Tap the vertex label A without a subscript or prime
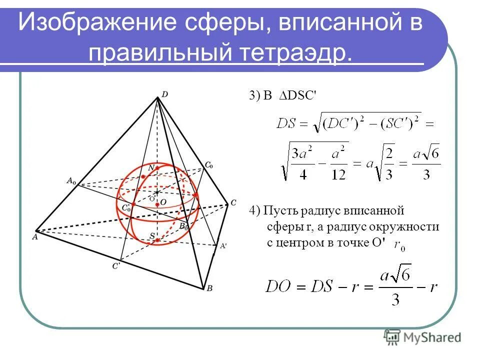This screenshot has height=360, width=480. (34, 237)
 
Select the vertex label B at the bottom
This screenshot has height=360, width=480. (210, 288)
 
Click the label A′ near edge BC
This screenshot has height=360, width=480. (223, 245)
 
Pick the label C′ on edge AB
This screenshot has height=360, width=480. (115, 266)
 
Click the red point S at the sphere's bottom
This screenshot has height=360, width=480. (157, 240)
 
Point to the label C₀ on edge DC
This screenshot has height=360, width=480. (209, 164)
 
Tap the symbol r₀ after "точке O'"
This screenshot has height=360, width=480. (399, 245)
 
